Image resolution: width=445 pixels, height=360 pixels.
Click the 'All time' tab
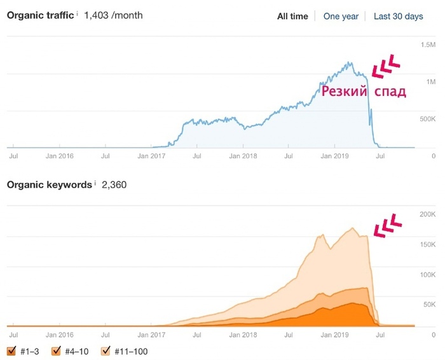[292, 17]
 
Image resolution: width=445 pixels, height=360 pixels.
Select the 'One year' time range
[341, 17]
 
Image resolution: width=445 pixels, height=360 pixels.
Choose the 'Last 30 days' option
[398, 17]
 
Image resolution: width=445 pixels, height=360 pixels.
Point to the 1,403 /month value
[113, 15]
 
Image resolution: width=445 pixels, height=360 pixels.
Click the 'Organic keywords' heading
[48, 185]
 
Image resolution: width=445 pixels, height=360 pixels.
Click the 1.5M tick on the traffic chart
[427, 45]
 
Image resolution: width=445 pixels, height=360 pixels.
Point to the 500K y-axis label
[426, 119]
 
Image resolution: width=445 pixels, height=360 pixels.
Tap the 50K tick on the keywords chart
[428, 305]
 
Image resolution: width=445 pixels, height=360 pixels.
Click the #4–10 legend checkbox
[55, 350]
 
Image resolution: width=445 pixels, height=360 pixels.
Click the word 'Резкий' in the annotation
[343, 92]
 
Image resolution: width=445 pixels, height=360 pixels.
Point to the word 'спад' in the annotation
[389, 92]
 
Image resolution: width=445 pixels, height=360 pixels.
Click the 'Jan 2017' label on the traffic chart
[151, 155]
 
